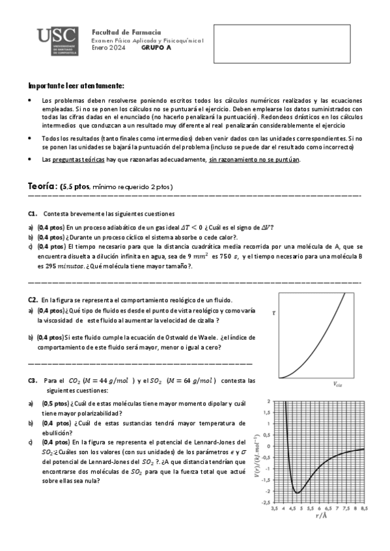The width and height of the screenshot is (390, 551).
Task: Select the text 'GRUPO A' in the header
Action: (x=156, y=48)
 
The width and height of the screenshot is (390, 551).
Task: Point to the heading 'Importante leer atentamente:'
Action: (x=76, y=86)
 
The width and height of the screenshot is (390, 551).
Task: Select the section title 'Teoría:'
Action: (x=42, y=186)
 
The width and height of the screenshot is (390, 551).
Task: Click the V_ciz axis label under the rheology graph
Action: (x=337, y=384)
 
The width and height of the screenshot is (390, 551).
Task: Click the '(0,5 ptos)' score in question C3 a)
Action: (x=57, y=404)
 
